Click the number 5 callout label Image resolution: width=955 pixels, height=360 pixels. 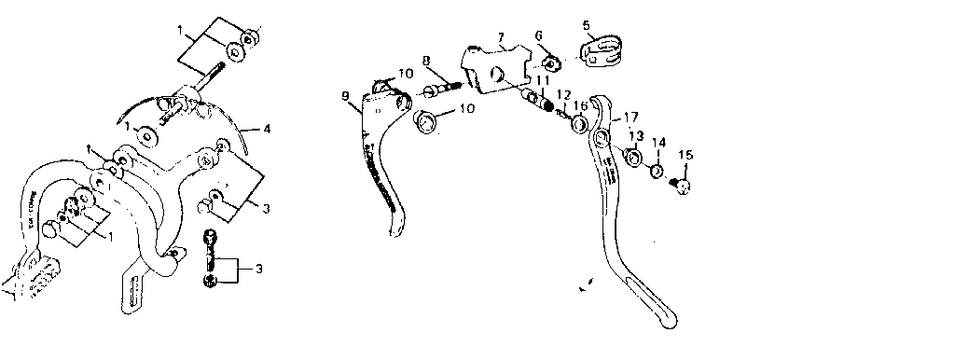pos(586,25)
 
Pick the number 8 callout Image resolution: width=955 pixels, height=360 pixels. pos(425,62)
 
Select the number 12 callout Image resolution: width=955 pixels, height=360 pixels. pos(563,95)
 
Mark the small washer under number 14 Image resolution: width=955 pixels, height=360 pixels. pos(656,171)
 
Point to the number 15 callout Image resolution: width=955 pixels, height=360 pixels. pos(686,154)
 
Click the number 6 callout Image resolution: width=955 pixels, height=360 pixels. pos(539,35)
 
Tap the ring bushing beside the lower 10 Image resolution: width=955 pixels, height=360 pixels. pos(425,121)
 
